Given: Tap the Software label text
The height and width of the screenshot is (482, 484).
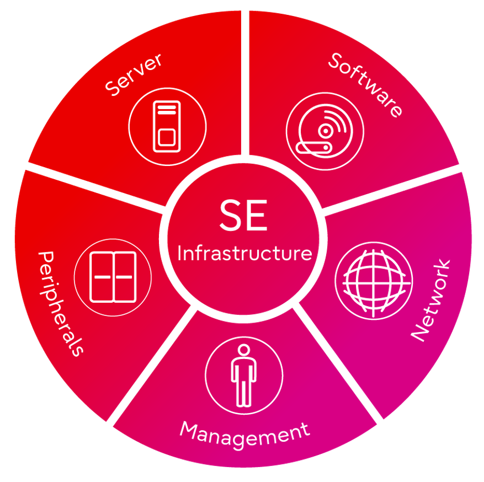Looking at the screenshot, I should pyautogui.click(x=365, y=84).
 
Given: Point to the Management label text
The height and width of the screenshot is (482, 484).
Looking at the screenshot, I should pyautogui.click(x=244, y=433).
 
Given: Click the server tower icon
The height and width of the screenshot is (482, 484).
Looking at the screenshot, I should pyautogui.click(x=167, y=126).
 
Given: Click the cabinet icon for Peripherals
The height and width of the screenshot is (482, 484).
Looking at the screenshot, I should pyautogui.click(x=113, y=277).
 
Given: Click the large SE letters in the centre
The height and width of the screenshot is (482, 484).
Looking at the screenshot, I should pyautogui.click(x=243, y=217).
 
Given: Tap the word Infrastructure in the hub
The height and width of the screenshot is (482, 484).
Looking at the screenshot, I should pyautogui.click(x=244, y=253).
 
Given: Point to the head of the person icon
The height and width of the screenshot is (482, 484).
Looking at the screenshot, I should pyautogui.click(x=243, y=351).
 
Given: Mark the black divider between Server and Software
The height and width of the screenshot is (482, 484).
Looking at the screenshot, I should pyautogui.click(x=245, y=83).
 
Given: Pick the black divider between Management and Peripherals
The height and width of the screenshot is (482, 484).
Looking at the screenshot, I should pyautogui.click(x=152, y=367).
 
